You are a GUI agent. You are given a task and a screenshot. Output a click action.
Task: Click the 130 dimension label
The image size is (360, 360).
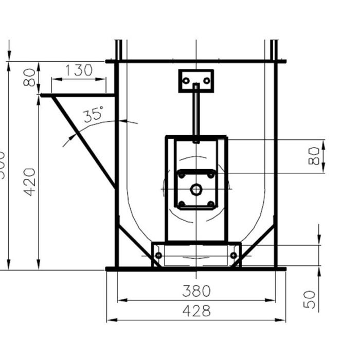tap(79, 70)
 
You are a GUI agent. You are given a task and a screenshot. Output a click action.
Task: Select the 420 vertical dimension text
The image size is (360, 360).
tap(30, 182)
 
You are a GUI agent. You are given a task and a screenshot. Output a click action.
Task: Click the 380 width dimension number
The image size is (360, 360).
tap(196, 291)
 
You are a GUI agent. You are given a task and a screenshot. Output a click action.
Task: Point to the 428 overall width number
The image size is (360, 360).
tap(196, 311)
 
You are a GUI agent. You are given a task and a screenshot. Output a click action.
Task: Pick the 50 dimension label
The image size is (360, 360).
tap(309, 299)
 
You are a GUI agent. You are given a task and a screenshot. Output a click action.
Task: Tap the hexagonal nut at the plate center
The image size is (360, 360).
tap(195, 189)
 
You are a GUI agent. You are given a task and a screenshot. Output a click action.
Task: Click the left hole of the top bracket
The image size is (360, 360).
tap(186, 81)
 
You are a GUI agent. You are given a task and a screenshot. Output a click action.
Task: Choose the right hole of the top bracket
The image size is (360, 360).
tap(207, 81)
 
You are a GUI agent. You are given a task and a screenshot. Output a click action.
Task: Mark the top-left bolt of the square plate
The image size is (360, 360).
tap(181, 175)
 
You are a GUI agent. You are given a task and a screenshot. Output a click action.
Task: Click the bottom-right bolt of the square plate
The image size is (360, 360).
tap(210, 204)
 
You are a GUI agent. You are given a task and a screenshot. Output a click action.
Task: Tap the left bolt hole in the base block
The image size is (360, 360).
tap(158, 256)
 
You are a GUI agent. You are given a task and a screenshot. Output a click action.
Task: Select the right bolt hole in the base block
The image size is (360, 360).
tap(233, 256)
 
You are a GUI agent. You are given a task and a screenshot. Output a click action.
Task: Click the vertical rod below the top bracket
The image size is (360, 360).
tap(196, 113)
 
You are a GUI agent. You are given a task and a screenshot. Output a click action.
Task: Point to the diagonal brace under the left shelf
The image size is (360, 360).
tap(83, 141)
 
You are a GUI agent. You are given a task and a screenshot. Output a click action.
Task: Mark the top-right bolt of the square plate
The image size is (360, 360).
tap(210, 175)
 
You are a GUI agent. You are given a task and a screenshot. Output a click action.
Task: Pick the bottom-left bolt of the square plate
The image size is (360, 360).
tap(181, 204)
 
